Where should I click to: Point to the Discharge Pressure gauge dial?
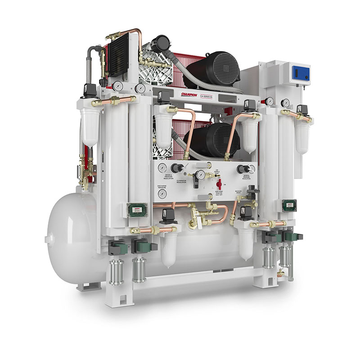[162, 194]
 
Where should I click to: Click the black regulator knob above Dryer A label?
[176, 168]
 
